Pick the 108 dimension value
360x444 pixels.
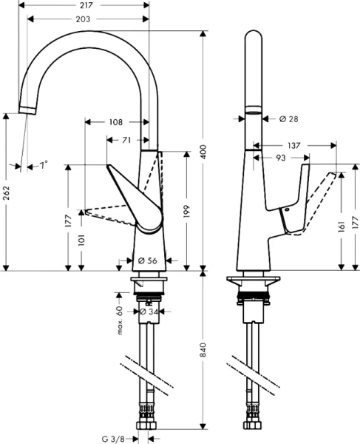point(115,121)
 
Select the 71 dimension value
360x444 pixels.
point(126,138)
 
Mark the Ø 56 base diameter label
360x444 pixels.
point(147,260)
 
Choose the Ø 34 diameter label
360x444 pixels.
point(149,312)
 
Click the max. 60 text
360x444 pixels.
point(118,320)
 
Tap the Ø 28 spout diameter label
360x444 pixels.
point(289,118)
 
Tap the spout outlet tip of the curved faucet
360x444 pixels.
point(26,110)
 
